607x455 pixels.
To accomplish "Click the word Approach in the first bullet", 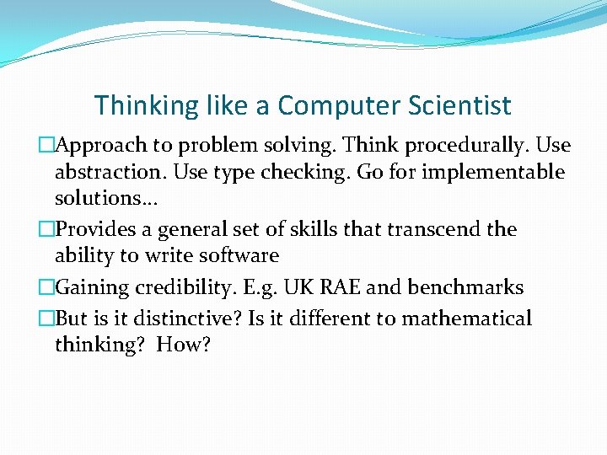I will [98, 146].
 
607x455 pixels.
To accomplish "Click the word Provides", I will [94, 229].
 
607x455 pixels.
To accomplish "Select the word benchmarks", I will [465, 288].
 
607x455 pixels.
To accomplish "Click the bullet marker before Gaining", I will [46, 288].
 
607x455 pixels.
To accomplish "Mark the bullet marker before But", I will [46, 318].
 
